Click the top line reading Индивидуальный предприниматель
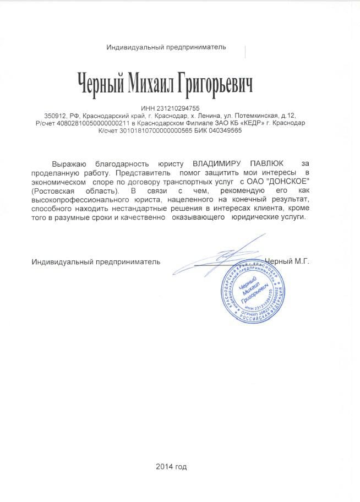[166, 47]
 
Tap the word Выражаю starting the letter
[69, 164]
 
